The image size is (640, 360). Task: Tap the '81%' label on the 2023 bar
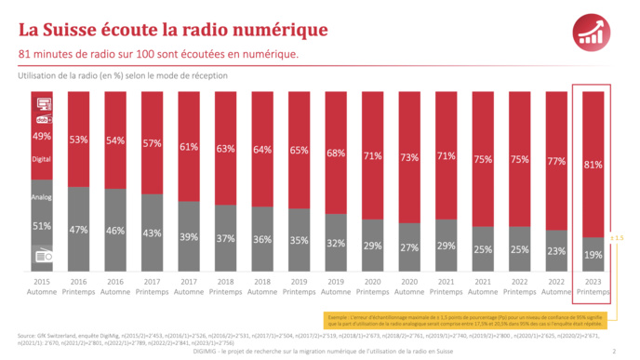[593, 165]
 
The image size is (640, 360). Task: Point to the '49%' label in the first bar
[42, 136]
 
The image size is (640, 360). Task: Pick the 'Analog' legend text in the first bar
[43, 196]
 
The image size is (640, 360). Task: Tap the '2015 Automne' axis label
[43, 286]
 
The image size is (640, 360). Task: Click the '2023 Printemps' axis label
[593, 286]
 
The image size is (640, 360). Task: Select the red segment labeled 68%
[335, 153]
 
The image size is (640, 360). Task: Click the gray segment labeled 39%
[189, 237]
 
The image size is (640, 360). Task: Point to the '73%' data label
[409, 157]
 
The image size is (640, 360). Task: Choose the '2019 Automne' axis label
[335, 286]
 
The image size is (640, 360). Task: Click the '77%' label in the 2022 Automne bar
[556, 161]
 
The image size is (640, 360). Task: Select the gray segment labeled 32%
[335, 244]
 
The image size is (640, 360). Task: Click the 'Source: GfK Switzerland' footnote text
[56, 335]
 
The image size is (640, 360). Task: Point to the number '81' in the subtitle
[25, 54]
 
